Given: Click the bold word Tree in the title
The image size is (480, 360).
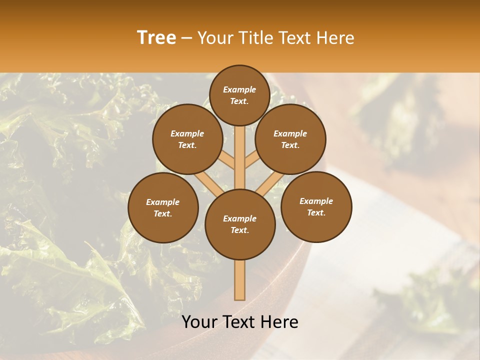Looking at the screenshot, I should tap(156, 38).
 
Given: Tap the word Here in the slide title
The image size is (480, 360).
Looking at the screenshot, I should tap(336, 38).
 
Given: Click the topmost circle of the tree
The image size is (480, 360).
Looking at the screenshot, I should tap(239, 95).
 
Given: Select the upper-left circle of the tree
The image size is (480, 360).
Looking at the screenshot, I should tap(187, 139).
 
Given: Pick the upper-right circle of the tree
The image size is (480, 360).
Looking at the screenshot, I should tap(290, 139).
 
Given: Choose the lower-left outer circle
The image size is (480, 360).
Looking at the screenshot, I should tap(163, 207).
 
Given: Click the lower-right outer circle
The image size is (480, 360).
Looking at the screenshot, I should tap(316, 206).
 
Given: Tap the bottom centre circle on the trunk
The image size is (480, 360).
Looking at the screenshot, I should tap(240, 224).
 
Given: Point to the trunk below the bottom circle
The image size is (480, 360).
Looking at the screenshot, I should tap(240, 280).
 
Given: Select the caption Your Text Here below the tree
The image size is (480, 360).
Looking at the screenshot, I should tap(240, 322).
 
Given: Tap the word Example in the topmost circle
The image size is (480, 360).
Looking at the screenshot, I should tap(239, 89).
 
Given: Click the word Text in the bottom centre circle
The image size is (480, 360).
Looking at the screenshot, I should tap(239, 230).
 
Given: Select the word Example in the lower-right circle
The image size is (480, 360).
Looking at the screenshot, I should tap(316, 201).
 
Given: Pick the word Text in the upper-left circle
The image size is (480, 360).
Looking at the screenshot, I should tap(187, 145).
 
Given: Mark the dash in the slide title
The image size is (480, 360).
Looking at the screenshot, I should tap(186, 38).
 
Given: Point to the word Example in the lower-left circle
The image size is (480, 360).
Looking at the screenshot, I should tap(162, 202).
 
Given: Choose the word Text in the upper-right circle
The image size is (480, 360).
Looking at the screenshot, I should tap(290, 145).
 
